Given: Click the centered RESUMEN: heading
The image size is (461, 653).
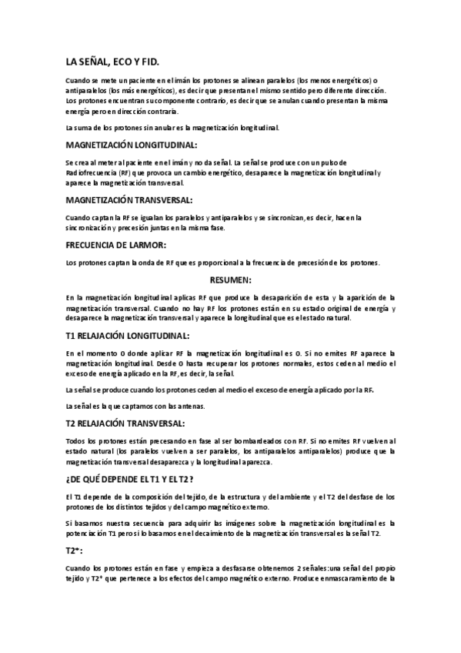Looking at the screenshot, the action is coord(231,280).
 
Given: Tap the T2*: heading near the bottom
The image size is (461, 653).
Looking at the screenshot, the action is coord(75,552).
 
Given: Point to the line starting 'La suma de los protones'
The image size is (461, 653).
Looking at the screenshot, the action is coord(172,127).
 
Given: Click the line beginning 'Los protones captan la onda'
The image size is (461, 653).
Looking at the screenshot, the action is coord(222,263).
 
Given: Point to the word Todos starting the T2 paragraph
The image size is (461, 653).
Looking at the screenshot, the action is coord(75,440).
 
